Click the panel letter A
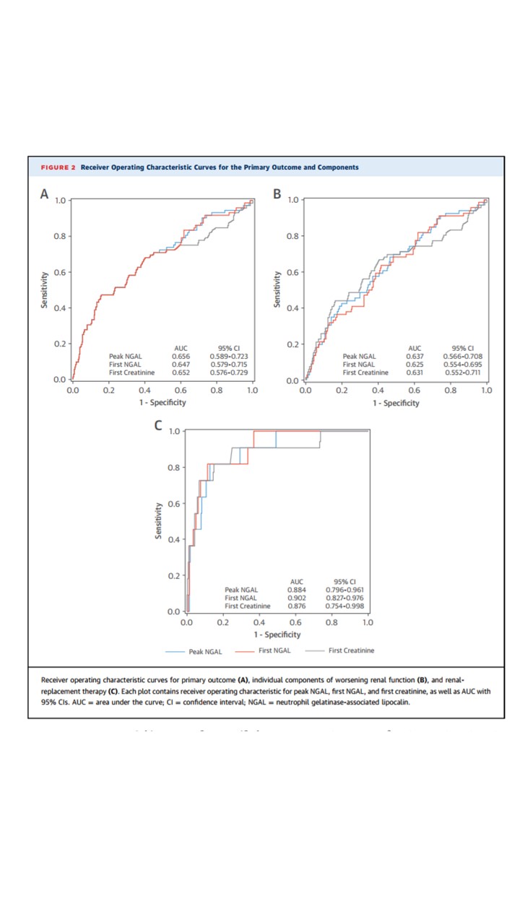pyautogui.click(x=45, y=193)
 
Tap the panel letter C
pyautogui.click(x=157, y=426)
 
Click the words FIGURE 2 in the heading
pyautogui.click(x=58, y=167)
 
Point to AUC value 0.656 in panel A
pyautogui.click(x=181, y=356)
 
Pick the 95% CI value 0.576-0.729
pyautogui.click(x=229, y=372)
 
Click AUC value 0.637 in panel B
pyautogui.click(x=415, y=356)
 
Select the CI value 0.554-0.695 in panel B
pyautogui.click(x=464, y=365)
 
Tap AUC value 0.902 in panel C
pyautogui.click(x=296, y=598)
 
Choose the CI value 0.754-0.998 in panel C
pyautogui.click(x=344, y=606)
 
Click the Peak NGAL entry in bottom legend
pyautogui.click(x=205, y=652)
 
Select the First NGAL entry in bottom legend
pyautogui.click(x=274, y=651)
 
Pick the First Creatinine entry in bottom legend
pyautogui.click(x=351, y=651)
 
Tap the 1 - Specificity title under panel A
pyautogui.click(x=162, y=403)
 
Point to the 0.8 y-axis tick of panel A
pyautogui.click(x=60, y=236)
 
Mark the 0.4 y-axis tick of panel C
pyautogui.click(x=174, y=540)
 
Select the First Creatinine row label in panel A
pyautogui.click(x=131, y=372)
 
